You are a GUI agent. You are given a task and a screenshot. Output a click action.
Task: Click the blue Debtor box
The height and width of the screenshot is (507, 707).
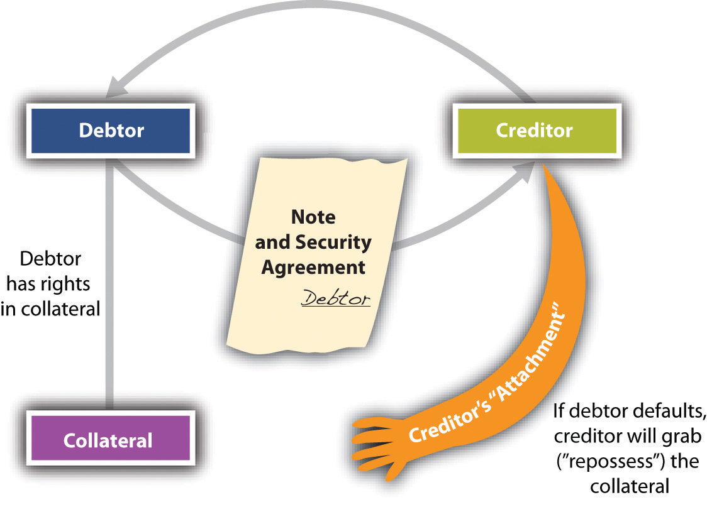click(111, 131)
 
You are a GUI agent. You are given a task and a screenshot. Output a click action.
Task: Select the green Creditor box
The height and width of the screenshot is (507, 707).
click(537, 131)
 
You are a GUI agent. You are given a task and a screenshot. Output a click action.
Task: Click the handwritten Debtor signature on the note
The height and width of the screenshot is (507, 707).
click(335, 298)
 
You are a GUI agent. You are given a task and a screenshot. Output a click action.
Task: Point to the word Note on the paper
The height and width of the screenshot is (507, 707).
click(313, 217)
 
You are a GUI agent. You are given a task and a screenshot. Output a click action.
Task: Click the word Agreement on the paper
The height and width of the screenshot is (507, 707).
click(313, 268)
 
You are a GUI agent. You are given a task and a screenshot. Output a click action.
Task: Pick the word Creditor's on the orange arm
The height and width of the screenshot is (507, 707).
click(451, 419)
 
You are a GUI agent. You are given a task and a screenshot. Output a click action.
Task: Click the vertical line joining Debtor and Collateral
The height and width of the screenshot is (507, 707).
click(109, 284)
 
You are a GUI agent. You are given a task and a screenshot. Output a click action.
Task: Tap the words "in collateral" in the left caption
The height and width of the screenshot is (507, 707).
click(50, 309)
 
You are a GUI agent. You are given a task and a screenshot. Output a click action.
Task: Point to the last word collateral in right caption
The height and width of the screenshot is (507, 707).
click(630, 486)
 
